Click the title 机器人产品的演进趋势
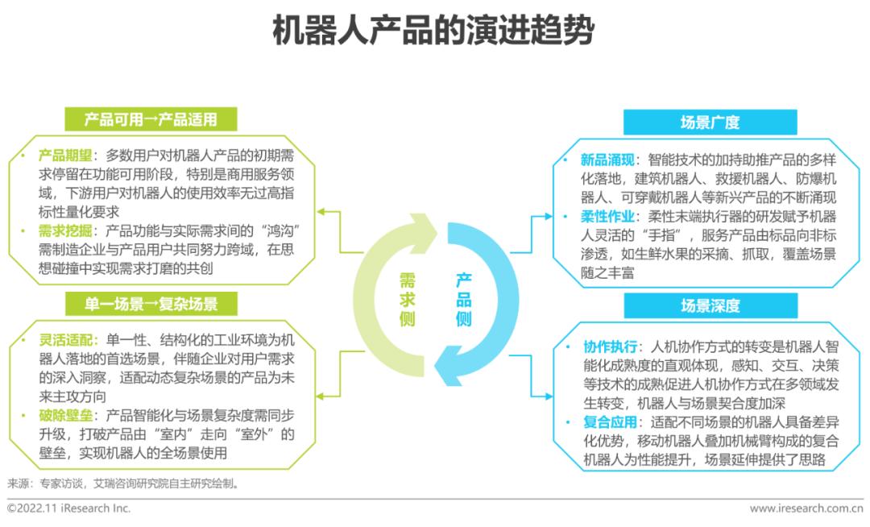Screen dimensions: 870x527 (x=433, y=31)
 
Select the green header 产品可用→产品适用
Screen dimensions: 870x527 (x=151, y=119)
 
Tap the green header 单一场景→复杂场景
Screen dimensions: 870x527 (x=151, y=304)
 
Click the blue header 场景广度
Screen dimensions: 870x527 (x=710, y=122)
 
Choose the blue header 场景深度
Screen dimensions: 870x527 (x=710, y=305)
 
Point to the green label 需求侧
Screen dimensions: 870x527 (x=408, y=300)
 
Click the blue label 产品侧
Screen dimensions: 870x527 (x=463, y=300)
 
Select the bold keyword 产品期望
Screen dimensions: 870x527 (x=65, y=156)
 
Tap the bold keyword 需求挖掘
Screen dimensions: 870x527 (x=65, y=230)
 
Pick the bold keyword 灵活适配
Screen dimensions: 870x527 (x=65, y=340)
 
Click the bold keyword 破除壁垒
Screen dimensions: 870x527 (x=65, y=416)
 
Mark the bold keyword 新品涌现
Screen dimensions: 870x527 (x=607, y=160)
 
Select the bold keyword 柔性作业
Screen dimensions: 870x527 (x=607, y=216)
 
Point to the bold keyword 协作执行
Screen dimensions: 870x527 (x=611, y=347)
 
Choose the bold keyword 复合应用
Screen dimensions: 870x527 (x=611, y=422)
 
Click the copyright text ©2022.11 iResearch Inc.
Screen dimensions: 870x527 (x=68, y=508)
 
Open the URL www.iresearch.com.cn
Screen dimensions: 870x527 (x=806, y=508)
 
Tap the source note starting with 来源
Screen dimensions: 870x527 (x=123, y=483)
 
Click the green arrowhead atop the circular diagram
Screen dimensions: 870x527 (x=425, y=226)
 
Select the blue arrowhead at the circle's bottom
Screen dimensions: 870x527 (x=449, y=371)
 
